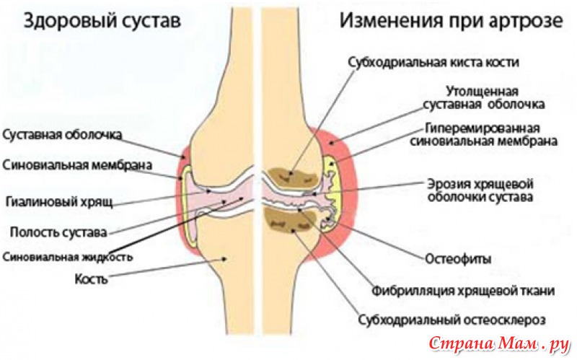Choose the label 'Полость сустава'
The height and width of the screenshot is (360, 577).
click(x=58, y=232)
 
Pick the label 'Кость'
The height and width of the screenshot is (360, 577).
click(x=91, y=278)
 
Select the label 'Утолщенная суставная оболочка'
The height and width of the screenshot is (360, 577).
click(x=484, y=98)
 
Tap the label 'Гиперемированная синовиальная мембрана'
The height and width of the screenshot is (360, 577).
click(x=483, y=135)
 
